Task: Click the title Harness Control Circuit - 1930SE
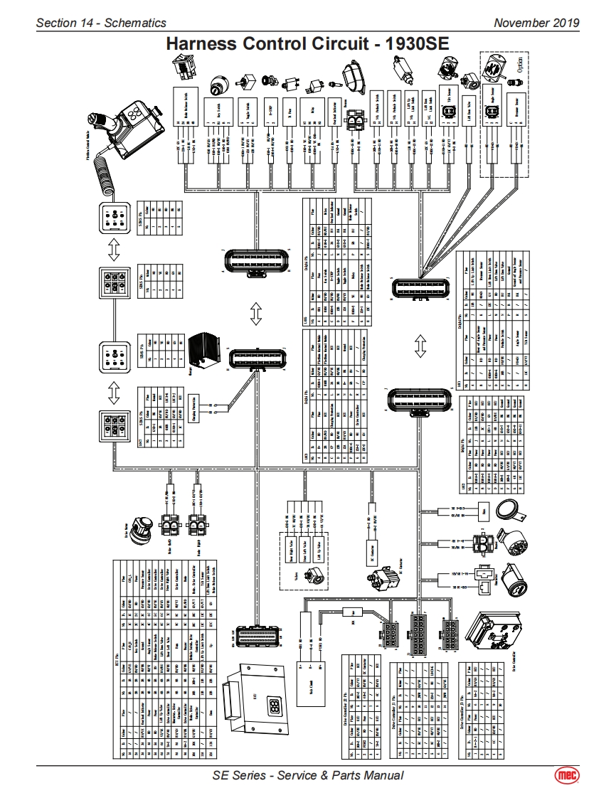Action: (x=307, y=44)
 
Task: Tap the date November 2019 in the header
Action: (x=536, y=23)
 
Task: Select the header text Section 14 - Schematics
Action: (x=101, y=23)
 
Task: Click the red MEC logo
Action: (x=567, y=775)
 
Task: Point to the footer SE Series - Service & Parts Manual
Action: (x=308, y=775)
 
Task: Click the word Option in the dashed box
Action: (x=520, y=68)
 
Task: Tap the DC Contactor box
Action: (x=371, y=551)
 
